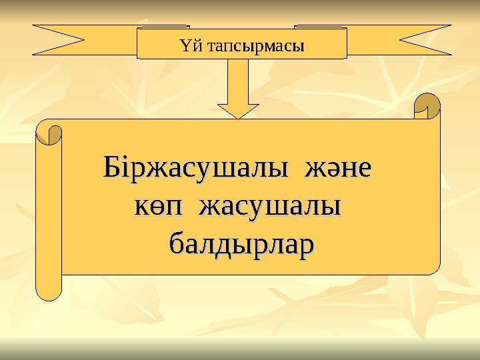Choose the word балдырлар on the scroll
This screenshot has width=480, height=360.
[243, 241]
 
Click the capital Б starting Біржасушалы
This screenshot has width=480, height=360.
[112, 165]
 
